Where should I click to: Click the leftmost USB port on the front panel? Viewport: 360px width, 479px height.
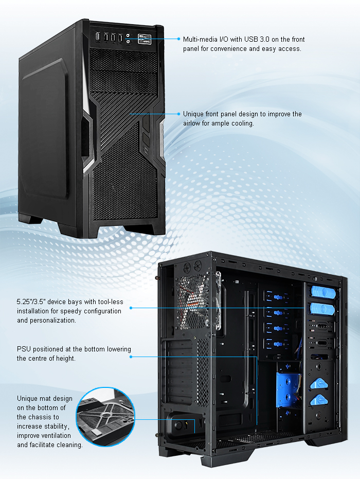[x=98, y=37]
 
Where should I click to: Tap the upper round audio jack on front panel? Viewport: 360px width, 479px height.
[x=128, y=36]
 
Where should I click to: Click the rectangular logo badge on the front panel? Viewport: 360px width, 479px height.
[x=145, y=39]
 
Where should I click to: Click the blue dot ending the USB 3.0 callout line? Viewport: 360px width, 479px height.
[x=179, y=39]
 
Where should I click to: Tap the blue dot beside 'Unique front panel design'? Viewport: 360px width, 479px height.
[x=179, y=114]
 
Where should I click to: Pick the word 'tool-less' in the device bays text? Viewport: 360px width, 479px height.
[x=111, y=302]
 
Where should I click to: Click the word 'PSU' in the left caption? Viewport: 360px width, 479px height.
[x=24, y=349]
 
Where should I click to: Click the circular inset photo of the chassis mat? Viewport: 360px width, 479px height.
[x=105, y=417]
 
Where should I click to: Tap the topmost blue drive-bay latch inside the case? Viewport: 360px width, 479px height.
[x=323, y=292]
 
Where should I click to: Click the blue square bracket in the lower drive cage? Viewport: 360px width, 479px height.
[x=287, y=389]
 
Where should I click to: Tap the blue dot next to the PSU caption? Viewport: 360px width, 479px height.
[x=131, y=357]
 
